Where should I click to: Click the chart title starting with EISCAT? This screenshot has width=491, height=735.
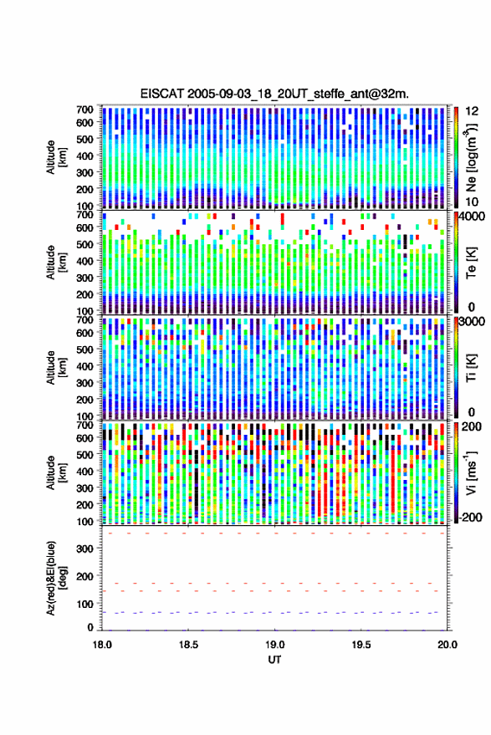click(274, 94)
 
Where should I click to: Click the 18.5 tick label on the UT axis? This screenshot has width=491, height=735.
click(188, 645)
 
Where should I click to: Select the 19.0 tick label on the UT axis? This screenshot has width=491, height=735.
click(275, 645)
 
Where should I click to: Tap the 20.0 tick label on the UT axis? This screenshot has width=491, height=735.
click(448, 645)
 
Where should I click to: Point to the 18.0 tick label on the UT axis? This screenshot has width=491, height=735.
click(102, 645)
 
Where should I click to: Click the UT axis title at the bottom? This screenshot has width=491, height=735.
click(274, 660)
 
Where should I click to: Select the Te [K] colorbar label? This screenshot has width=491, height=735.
click(471, 263)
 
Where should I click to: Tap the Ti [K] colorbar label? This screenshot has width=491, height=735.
click(471, 368)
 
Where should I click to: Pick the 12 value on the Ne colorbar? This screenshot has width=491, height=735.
click(472, 111)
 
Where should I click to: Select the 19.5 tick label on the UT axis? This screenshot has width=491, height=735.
click(361, 645)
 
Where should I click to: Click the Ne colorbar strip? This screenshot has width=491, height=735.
click(457, 157)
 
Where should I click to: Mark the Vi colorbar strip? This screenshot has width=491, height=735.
click(457, 472)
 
